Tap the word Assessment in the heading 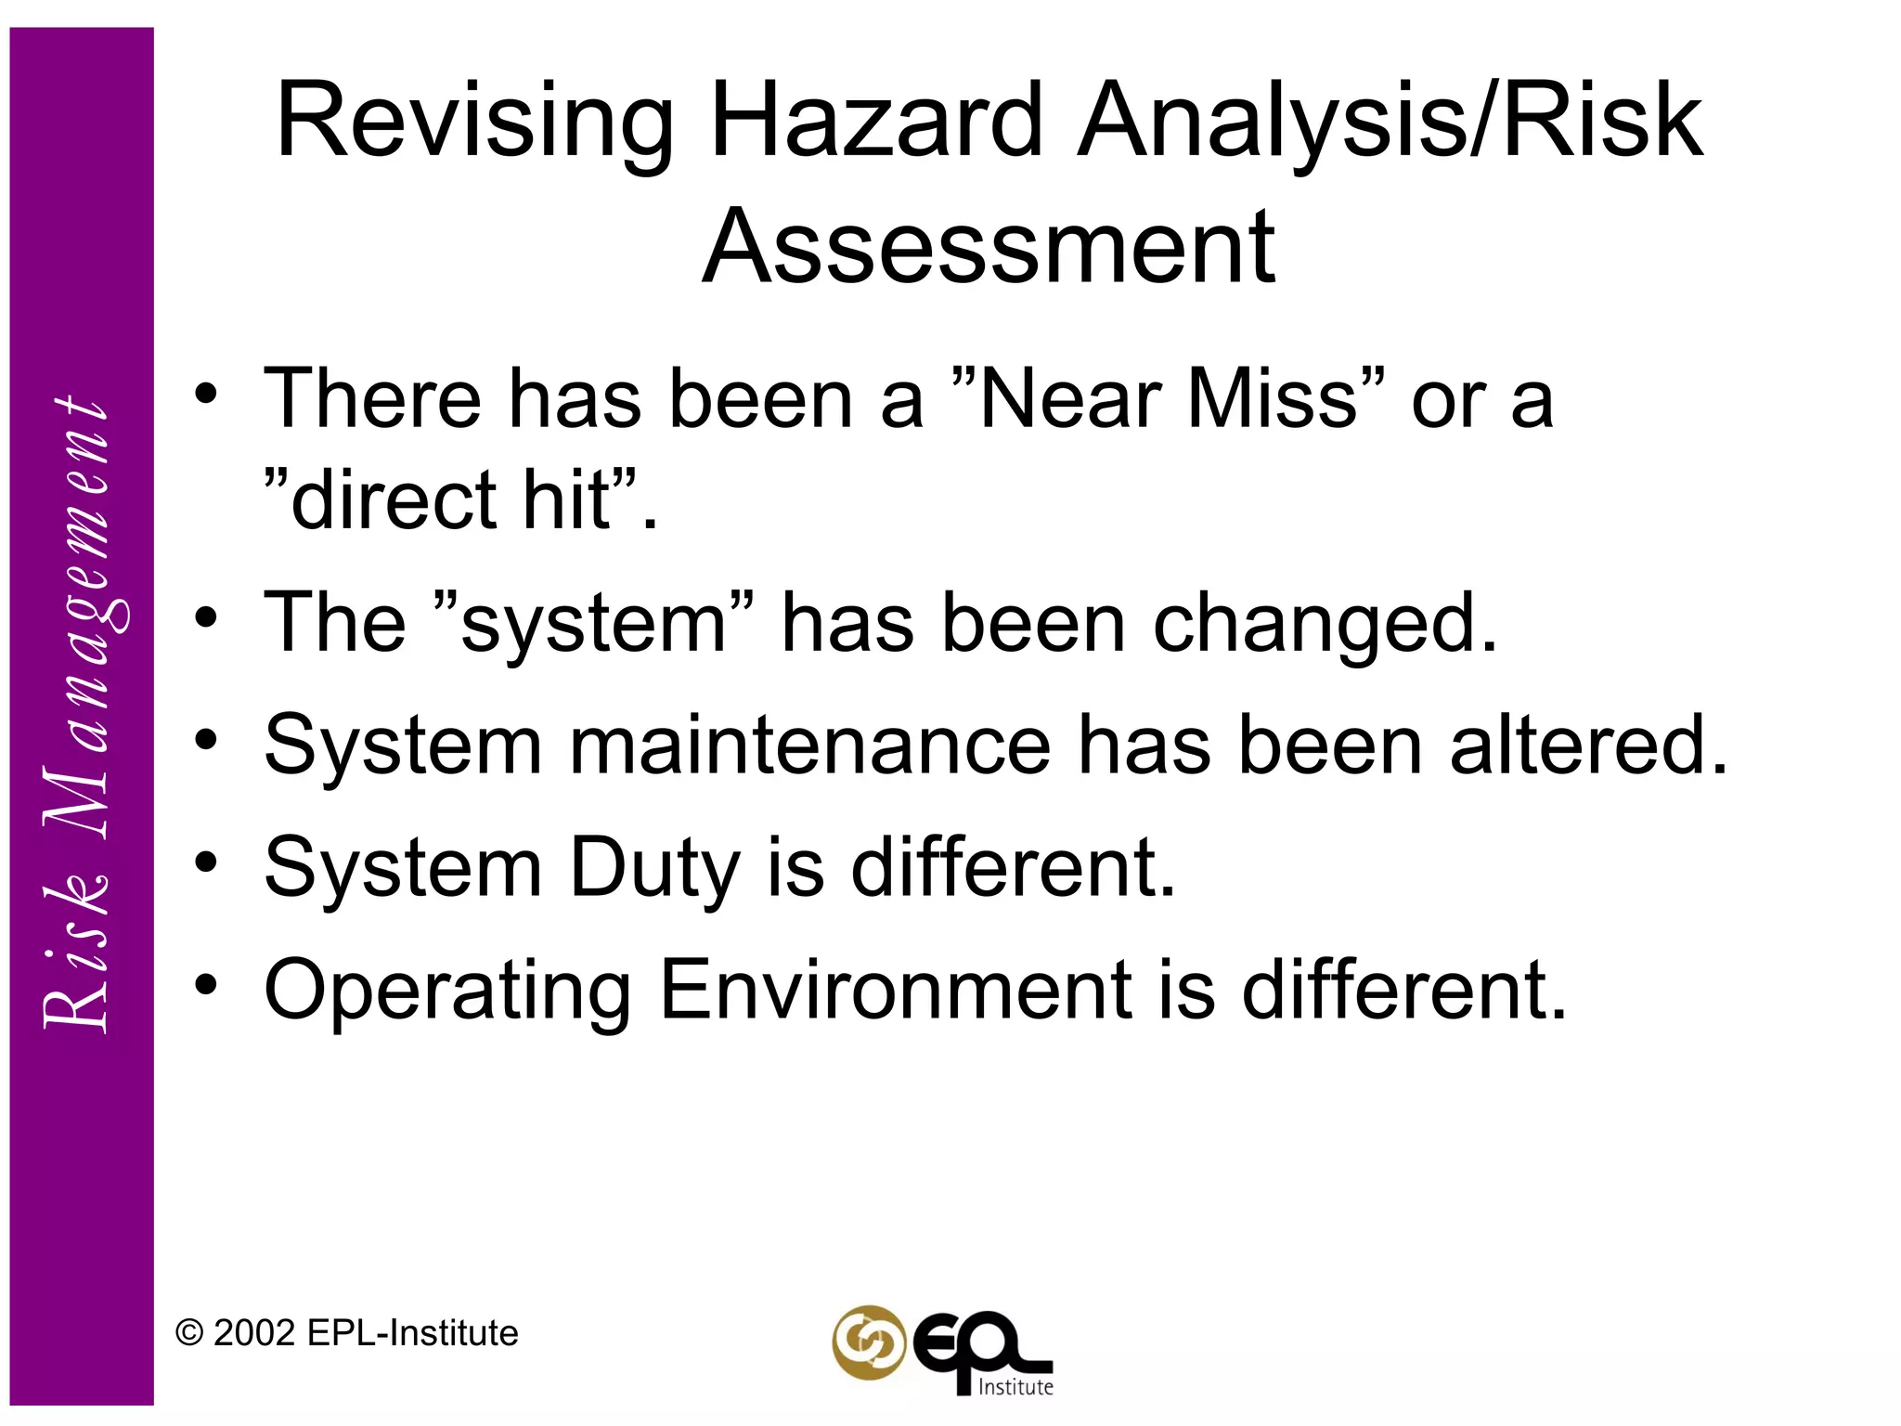pyautogui.click(x=989, y=247)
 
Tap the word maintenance pyautogui.click(x=809, y=745)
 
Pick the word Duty pyautogui.click(x=653, y=869)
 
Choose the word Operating pyautogui.click(x=447, y=992)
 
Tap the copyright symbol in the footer pyautogui.click(x=189, y=1334)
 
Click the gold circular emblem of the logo pyautogui.click(x=868, y=1342)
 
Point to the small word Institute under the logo pyautogui.click(x=1016, y=1387)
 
